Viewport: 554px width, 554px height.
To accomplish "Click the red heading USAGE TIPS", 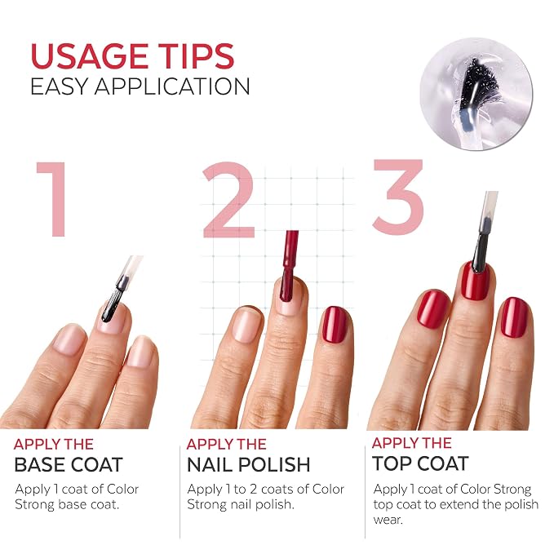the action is pyautogui.click(x=132, y=55).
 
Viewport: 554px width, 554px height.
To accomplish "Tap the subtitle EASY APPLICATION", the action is pyautogui.click(x=140, y=86).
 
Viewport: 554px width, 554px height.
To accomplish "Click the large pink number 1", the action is pyautogui.click(x=53, y=199).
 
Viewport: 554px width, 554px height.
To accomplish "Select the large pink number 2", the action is pyautogui.click(x=229, y=200).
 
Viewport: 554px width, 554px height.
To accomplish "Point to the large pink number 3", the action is pyautogui.click(x=398, y=196).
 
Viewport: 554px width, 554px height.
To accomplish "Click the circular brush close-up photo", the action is pyautogui.click(x=476, y=94).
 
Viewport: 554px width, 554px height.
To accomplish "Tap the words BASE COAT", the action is pyautogui.click(x=69, y=464).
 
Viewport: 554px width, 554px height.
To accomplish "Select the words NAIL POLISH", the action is pyautogui.click(x=248, y=464).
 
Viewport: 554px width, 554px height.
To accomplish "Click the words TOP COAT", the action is pyautogui.click(x=420, y=463).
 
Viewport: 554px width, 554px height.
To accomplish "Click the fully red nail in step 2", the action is pyautogui.click(x=335, y=325).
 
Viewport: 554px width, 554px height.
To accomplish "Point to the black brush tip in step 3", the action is pyautogui.click(x=480, y=250).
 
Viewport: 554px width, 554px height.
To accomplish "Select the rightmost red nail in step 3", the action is pyautogui.click(x=515, y=317).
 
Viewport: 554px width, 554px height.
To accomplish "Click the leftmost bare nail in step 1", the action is pyautogui.click(x=69, y=339).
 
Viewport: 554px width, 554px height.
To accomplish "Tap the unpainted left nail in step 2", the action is pyautogui.click(x=247, y=325).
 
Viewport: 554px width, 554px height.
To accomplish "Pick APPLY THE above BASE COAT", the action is pyautogui.click(x=54, y=444).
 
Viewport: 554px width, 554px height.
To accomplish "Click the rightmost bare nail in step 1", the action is pyautogui.click(x=141, y=352).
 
